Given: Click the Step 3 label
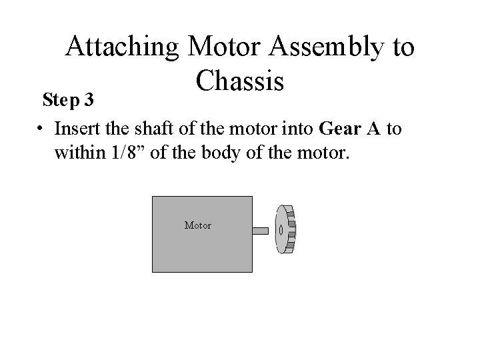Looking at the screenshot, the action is tap(71, 100).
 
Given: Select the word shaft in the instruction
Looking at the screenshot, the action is tap(148, 127).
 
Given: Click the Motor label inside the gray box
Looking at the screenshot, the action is tap(198, 225).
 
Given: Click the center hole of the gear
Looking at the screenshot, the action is tap(281, 231).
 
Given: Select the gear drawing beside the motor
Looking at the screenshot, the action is tap(285, 230).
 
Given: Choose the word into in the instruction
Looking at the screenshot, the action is tap(304, 127).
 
